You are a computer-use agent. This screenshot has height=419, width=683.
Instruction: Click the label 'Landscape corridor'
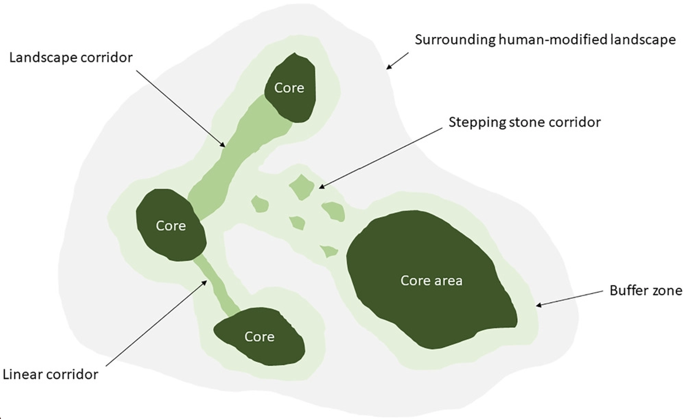[x=71, y=58]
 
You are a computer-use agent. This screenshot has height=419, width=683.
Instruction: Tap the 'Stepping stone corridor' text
[x=524, y=122]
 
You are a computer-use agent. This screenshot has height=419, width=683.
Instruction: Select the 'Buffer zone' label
[x=646, y=291]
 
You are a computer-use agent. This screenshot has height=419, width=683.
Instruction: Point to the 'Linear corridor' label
[x=50, y=374]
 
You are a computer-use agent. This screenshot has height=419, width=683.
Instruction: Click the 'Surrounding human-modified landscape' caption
[x=545, y=40]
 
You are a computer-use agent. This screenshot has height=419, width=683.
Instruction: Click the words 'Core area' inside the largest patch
[x=431, y=281]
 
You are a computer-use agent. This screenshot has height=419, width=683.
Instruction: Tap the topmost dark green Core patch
[x=290, y=88]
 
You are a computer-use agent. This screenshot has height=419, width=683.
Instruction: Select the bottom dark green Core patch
[x=259, y=337]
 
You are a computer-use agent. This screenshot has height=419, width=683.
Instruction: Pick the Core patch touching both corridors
[x=171, y=225]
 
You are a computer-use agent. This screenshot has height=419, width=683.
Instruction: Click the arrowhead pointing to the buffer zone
[x=539, y=305]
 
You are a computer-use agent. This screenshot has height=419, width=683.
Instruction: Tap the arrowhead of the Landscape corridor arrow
[x=224, y=145]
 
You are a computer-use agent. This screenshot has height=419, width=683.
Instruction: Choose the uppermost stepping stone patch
[x=302, y=187]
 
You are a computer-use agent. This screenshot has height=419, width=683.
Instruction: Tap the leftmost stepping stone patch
[x=260, y=204]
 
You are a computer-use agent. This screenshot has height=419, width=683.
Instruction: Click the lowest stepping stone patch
[x=329, y=251]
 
